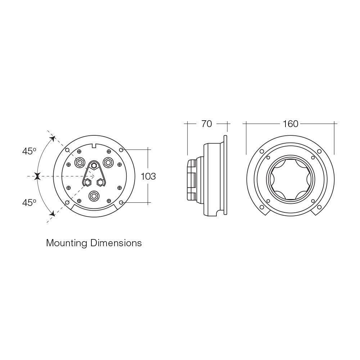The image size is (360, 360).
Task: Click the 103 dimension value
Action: point(148,176)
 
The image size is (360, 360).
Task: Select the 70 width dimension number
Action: point(207,124)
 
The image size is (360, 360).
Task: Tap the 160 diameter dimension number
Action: point(290,124)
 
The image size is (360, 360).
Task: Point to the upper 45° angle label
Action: point(29,151)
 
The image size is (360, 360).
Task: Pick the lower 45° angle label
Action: point(29,203)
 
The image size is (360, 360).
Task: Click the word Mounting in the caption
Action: point(67,243)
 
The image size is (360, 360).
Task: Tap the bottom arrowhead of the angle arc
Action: point(52,214)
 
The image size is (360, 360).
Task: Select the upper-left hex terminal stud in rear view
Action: point(79,162)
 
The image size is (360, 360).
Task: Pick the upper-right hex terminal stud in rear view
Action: point(107,162)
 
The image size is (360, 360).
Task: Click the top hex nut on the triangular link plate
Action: point(94,166)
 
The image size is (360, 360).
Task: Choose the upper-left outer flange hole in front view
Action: point(262,151)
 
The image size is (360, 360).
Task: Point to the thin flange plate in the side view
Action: point(225,176)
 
